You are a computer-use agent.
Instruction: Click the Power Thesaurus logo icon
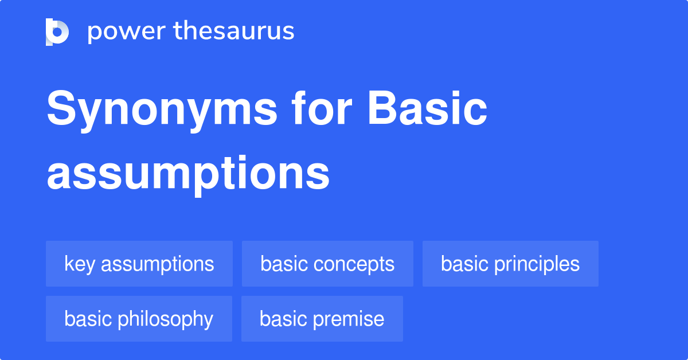[57, 32]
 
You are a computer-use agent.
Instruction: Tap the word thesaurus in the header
[234, 32]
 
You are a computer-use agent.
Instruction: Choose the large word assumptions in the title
[188, 174]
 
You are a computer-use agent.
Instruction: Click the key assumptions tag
[139, 264]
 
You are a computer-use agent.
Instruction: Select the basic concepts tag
[327, 264]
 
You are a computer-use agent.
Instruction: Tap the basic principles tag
[510, 264]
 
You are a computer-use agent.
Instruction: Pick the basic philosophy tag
[139, 319]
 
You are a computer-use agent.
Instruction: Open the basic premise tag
[322, 319]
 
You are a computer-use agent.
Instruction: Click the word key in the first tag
[80, 264]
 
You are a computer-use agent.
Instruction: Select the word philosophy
[166, 319]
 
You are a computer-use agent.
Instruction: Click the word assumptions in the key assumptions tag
[157, 264]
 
